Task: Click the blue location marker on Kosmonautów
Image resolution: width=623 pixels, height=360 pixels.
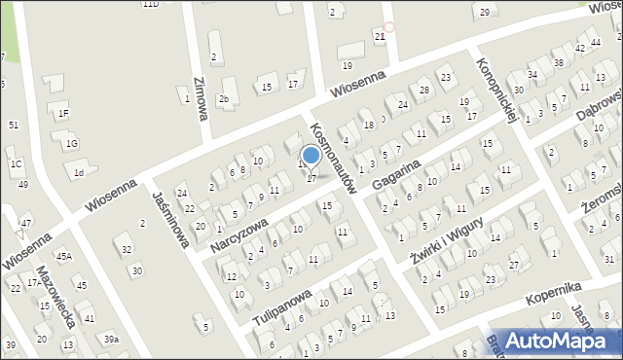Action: tap(311, 155)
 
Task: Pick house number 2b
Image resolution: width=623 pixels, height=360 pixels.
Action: tap(225, 98)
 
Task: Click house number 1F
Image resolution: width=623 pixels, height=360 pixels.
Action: tap(63, 114)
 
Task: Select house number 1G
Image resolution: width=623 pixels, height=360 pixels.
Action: tap(71, 144)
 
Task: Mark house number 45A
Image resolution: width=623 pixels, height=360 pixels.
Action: tap(63, 257)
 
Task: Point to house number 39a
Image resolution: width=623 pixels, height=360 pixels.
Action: tap(112, 339)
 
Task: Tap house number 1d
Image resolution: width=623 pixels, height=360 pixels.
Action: tap(80, 173)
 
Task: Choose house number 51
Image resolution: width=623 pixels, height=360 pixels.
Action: tap(13, 126)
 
